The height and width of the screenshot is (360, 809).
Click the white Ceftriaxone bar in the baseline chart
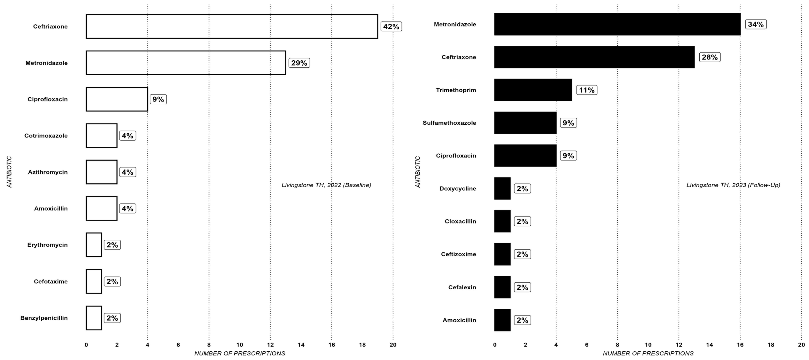pyautogui.click(x=232, y=26)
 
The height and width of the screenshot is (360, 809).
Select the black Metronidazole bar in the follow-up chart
pyautogui.click(x=617, y=24)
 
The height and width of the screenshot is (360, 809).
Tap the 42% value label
pyautogui.click(x=391, y=26)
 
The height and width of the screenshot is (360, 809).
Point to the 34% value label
pyautogui.click(x=756, y=24)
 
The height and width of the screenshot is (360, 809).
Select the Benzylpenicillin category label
pyautogui.click(x=44, y=318)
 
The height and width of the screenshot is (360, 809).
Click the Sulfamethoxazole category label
pyautogui.click(x=449, y=123)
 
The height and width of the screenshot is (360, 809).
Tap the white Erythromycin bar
pyautogui.click(x=94, y=245)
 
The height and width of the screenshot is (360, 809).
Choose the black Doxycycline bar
pyautogui.click(x=502, y=188)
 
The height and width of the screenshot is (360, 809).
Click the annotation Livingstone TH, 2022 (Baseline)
pyautogui.click(x=326, y=185)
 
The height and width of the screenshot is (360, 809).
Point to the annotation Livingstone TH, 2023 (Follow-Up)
pyautogui.click(x=733, y=185)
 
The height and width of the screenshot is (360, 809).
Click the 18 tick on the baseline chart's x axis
pyautogui.click(x=362, y=345)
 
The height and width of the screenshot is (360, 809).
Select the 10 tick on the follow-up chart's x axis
pyautogui.click(x=648, y=345)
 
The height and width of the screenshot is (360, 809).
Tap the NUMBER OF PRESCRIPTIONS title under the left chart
pyautogui.click(x=240, y=353)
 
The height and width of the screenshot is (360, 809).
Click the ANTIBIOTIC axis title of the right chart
pyautogui.click(x=418, y=172)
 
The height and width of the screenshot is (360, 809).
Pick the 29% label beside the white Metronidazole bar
pyautogui.click(x=299, y=63)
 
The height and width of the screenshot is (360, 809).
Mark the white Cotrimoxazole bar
pyautogui.click(x=101, y=136)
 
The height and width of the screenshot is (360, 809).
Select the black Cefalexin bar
pyautogui.click(x=502, y=287)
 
